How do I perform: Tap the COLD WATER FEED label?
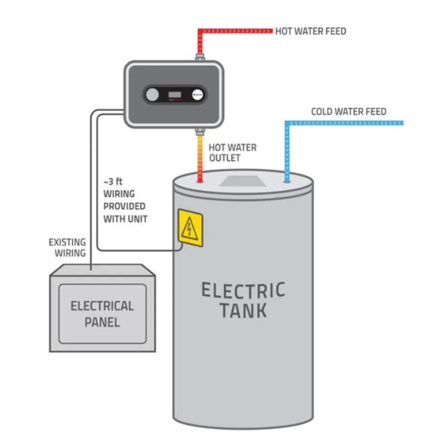348,112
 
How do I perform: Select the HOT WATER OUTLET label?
232,152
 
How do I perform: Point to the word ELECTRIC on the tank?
243,291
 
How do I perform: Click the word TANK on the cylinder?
243,310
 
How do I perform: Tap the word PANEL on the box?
102,322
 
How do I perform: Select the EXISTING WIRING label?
67,247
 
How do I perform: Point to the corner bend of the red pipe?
200,32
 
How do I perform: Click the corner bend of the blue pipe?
287,123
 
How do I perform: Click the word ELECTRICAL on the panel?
102,306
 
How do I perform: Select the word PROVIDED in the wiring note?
124,206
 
